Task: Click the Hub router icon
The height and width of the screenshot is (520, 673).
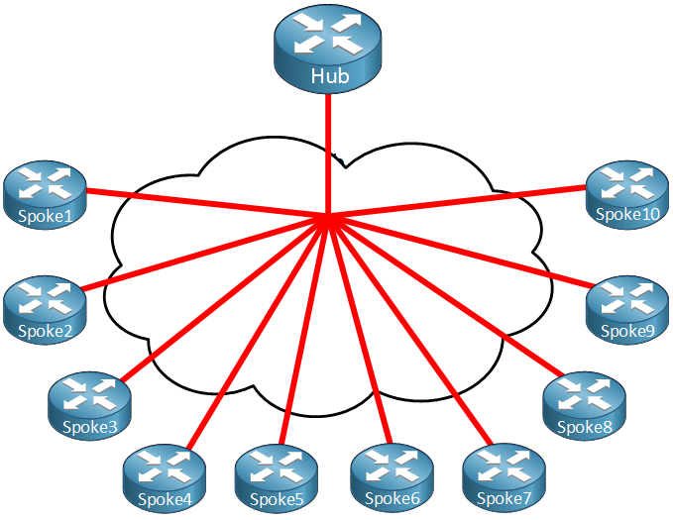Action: click(x=327, y=49)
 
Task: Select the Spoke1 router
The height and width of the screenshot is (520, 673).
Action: click(x=45, y=195)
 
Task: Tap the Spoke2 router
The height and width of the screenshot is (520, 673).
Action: click(x=45, y=310)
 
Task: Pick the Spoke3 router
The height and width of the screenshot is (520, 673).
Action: click(x=89, y=406)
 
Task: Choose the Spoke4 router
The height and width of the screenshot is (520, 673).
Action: click(x=164, y=478)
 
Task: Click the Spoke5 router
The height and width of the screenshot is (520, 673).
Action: click(x=277, y=478)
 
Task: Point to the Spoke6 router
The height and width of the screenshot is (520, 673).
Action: click(x=392, y=478)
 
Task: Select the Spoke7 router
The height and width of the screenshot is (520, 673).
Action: click(x=504, y=478)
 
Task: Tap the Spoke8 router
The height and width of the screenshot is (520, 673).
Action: click(x=584, y=406)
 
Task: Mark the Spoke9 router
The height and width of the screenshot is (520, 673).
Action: click(x=627, y=310)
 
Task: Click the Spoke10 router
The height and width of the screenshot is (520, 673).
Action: click(x=627, y=195)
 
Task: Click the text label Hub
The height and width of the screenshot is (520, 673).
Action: click(x=330, y=76)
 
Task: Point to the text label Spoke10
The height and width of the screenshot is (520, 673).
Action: click(x=627, y=214)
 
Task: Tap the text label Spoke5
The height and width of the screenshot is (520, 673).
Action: click(x=277, y=499)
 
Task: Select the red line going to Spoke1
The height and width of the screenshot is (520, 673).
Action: click(x=207, y=202)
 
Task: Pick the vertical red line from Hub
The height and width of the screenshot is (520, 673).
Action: click(x=328, y=154)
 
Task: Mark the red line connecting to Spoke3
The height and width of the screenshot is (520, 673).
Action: click(x=224, y=297)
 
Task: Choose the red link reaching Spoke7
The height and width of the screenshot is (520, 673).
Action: click(x=410, y=330)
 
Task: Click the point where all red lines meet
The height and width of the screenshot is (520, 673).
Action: click(x=327, y=215)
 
